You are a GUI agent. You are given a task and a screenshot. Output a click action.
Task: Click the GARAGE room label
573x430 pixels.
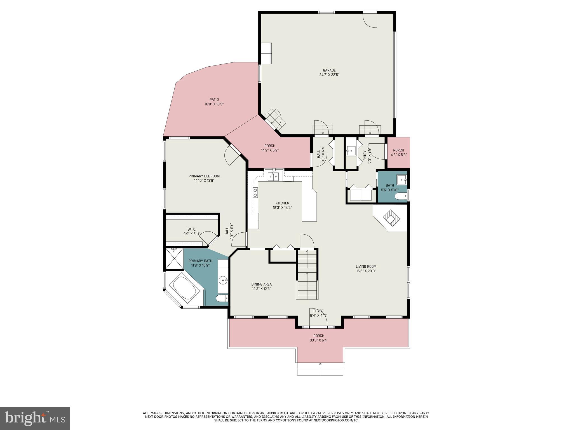[329, 70]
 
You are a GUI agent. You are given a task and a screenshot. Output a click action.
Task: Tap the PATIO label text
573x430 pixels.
[214, 99]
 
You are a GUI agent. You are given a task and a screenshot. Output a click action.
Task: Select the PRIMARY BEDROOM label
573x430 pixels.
[204, 176]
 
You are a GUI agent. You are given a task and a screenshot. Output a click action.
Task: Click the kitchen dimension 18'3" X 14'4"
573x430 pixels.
[282, 208]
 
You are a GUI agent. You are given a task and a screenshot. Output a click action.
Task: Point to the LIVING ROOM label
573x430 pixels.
[366, 267]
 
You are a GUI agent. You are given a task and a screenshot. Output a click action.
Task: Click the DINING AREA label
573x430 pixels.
[261, 284]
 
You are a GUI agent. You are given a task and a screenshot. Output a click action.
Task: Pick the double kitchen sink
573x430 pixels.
[273, 177]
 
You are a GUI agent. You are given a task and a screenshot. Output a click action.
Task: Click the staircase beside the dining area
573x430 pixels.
[307, 274]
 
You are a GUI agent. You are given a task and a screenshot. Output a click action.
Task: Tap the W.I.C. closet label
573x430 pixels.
[192, 229]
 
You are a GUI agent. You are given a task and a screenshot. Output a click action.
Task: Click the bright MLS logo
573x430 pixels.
[35, 418]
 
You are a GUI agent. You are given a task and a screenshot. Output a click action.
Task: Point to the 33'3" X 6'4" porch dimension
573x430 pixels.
[319, 340]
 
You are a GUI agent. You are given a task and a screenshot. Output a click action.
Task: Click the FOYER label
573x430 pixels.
[318, 311]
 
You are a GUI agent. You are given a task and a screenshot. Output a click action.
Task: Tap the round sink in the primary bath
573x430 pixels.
[223, 279]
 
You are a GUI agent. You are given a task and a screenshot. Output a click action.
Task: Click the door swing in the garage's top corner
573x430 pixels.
[370, 20]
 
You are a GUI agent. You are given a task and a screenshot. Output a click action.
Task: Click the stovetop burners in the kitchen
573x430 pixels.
[255, 193]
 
